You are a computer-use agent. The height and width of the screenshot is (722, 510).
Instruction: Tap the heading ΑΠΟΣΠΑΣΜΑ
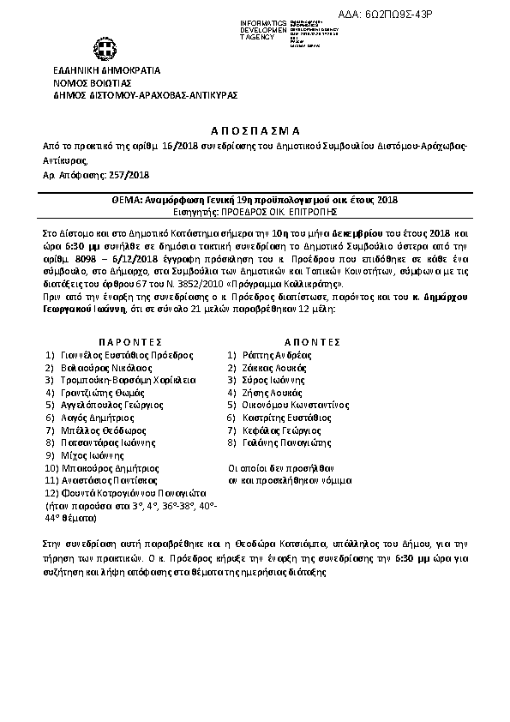254,130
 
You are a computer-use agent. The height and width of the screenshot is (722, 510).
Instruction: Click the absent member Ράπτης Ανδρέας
275,354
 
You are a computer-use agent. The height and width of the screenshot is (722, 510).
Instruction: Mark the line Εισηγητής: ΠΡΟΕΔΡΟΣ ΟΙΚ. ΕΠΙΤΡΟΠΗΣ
254,210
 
